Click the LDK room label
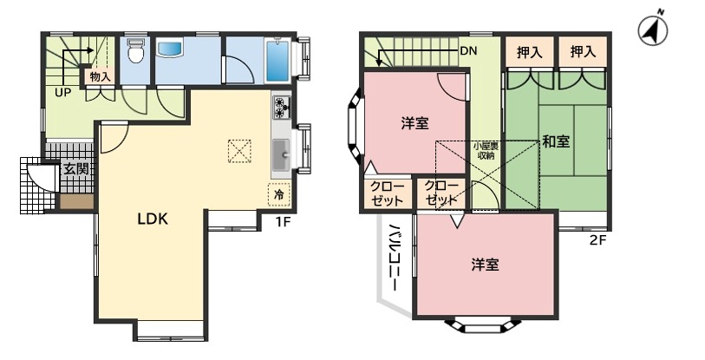point(153,219)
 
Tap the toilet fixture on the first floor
point(135,50)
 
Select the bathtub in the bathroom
point(277,61)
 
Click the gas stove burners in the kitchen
point(281,108)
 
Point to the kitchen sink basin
point(282,155)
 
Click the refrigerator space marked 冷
point(279,194)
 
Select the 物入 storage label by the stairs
point(100,76)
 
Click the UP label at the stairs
point(63,93)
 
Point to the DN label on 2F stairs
point(468,51)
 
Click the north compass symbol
point(653,30)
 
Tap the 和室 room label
point(556,141)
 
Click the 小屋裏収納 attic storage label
point(486,151)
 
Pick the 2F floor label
point(598,239)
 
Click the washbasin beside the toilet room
point(170,49)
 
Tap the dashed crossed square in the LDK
point(239,151)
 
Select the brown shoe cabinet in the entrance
point(77,201)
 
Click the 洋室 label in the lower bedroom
point(485,265)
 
